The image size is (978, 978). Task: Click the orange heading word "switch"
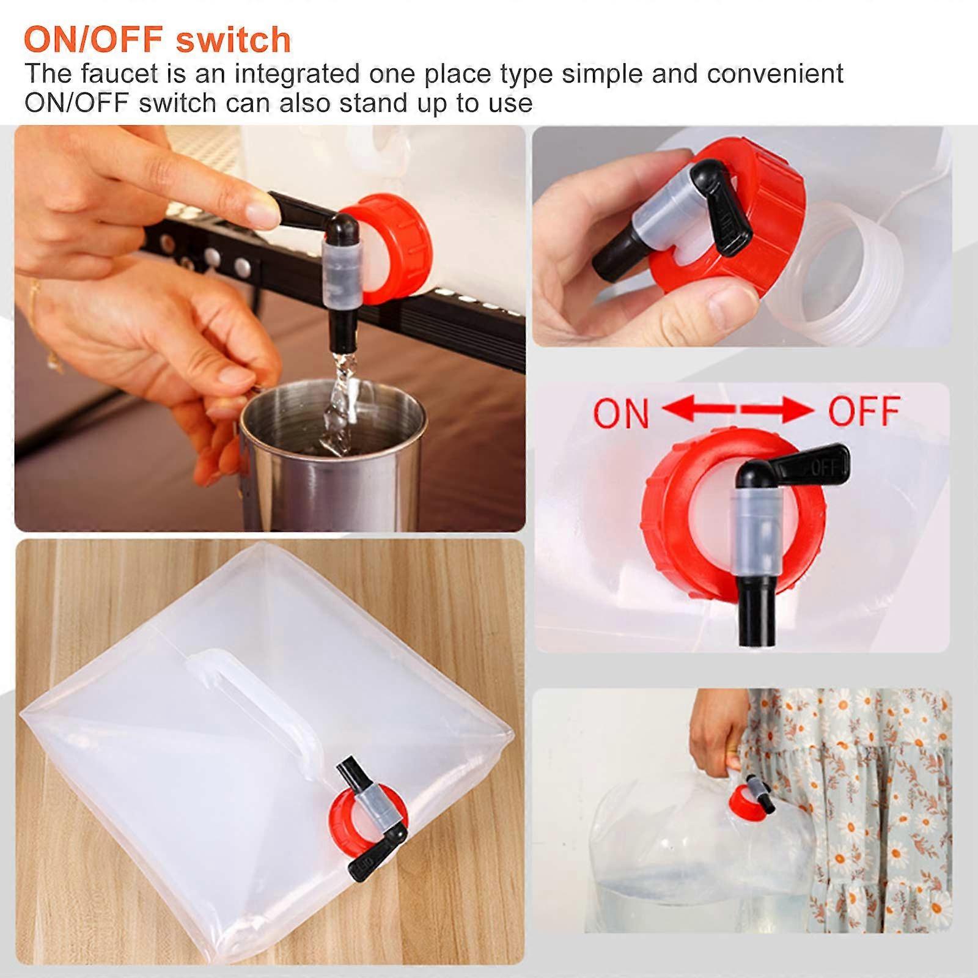[233, 40]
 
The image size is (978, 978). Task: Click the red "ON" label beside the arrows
[621, 413]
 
